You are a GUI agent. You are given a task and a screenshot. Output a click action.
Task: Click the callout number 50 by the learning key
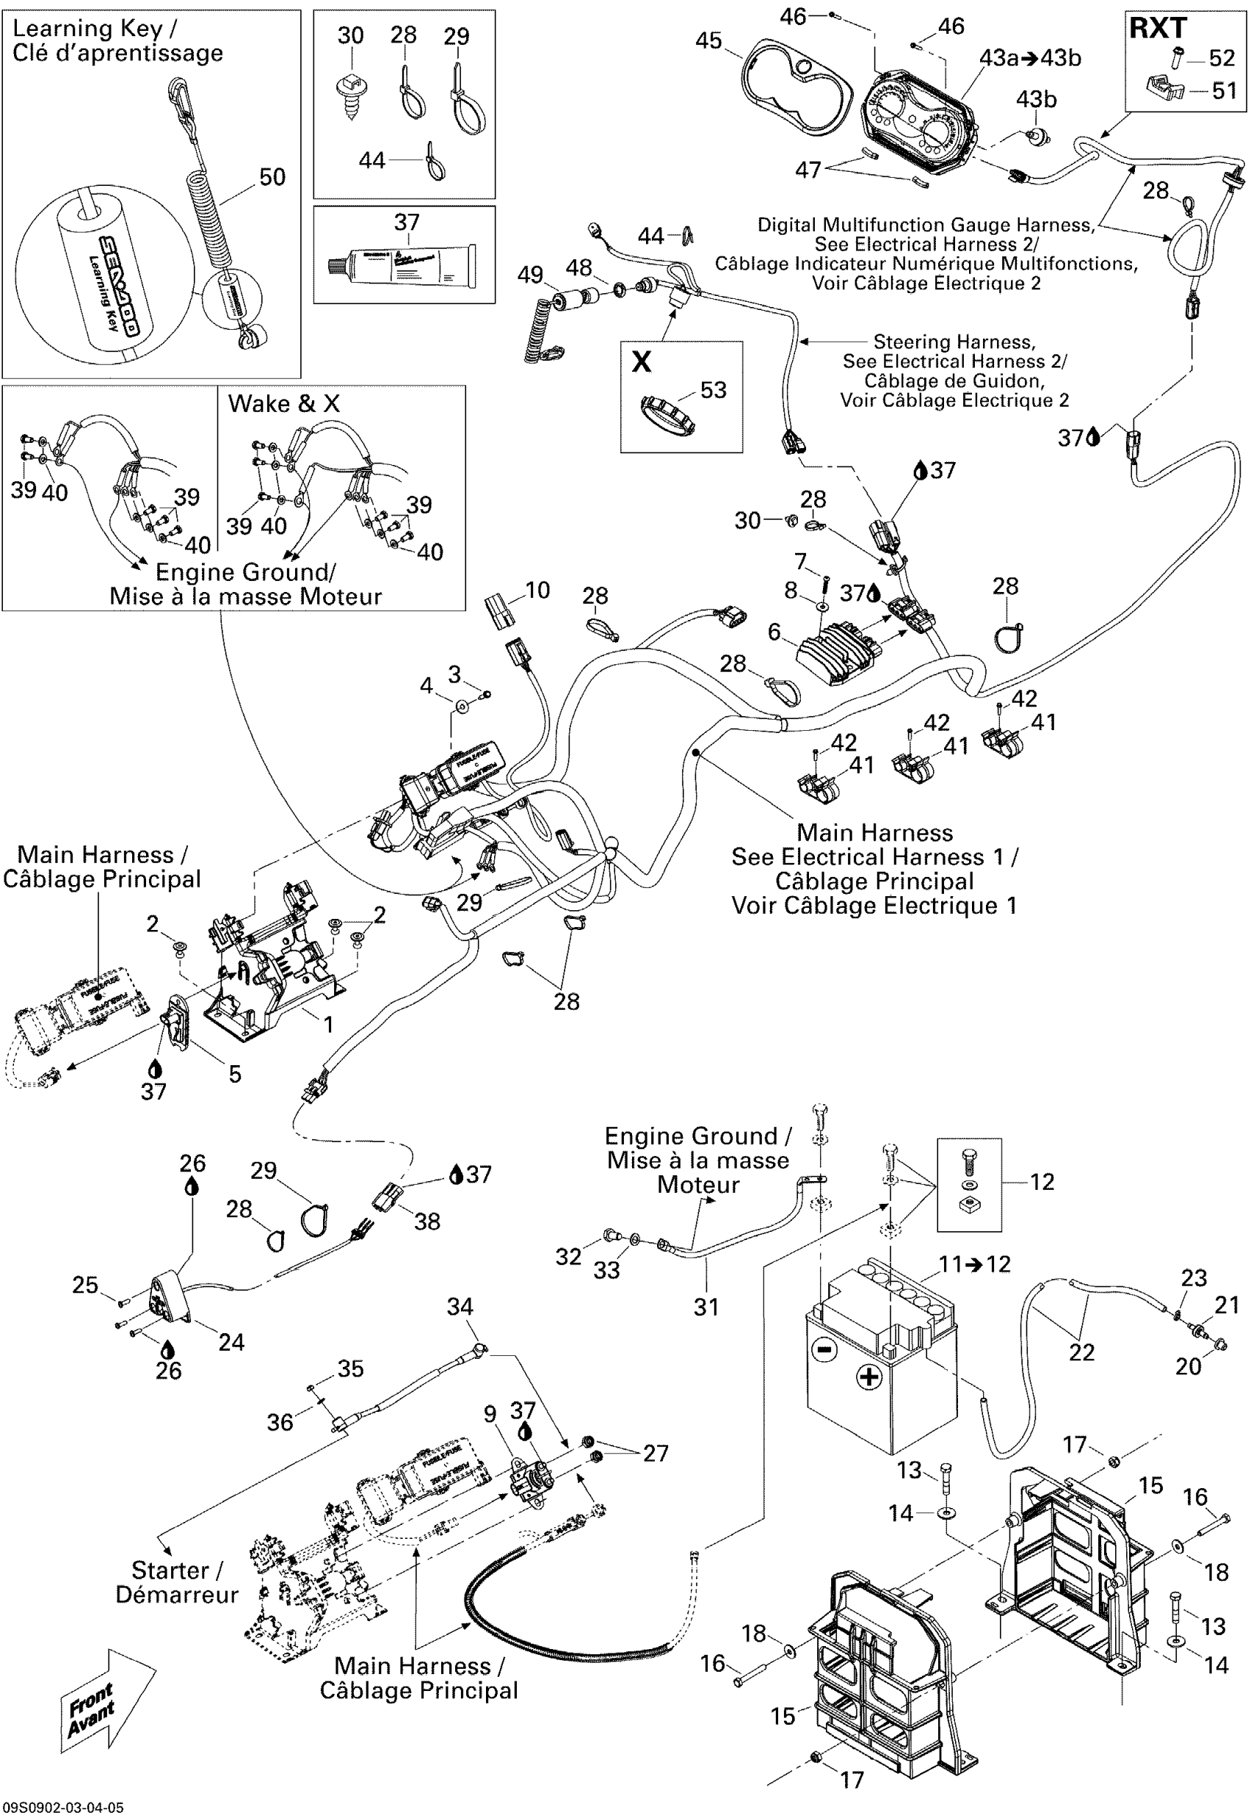point(272,177)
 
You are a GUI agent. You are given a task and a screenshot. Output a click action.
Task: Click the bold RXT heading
point(1157,28)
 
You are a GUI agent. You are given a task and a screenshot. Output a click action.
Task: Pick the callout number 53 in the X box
point(712,389)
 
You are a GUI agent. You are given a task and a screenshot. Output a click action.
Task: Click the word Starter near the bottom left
point(169,1570)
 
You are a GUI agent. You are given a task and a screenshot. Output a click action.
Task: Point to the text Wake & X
point(284,404)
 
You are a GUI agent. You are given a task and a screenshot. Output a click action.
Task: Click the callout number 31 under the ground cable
point(706,1307)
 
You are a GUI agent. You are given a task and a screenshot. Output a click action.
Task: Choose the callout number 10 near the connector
point(537,590)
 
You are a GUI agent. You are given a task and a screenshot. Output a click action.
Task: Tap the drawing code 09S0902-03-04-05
point(62,1808)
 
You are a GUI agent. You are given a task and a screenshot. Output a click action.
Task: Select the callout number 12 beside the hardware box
point(1042,1181)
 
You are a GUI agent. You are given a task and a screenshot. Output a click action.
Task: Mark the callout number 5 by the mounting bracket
point(235,1074)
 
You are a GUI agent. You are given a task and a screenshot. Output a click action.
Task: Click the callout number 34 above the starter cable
point(460,1307)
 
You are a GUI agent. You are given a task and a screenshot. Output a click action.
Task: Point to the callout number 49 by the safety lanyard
point(530,275)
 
